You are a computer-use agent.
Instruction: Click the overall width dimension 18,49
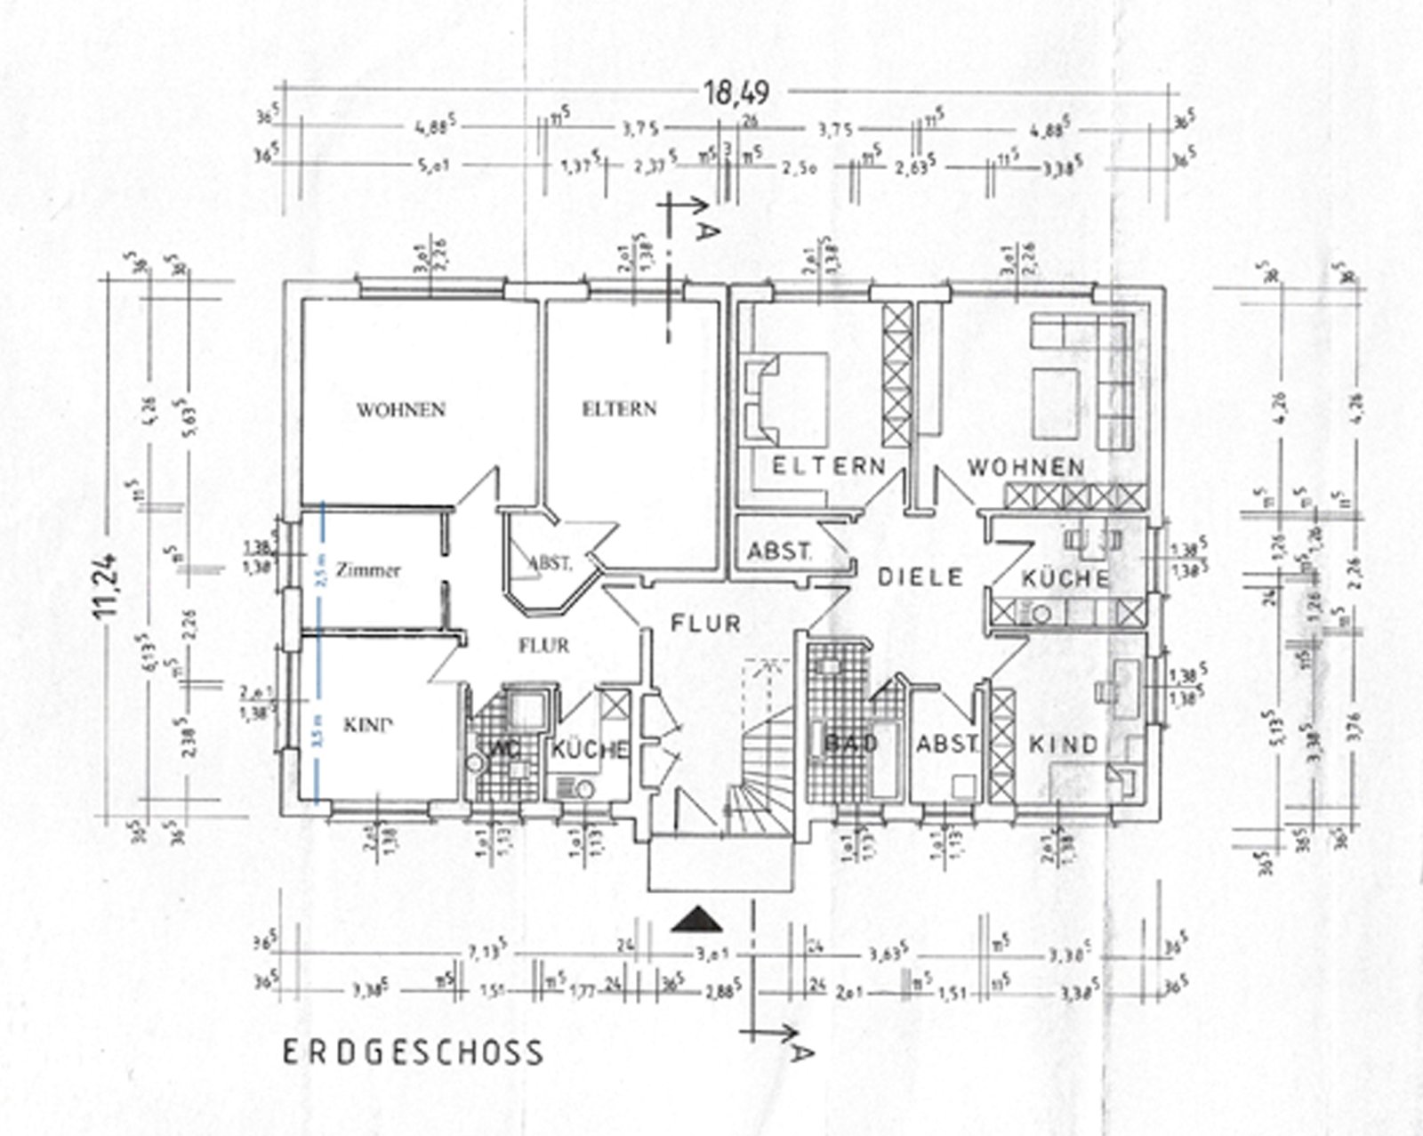(x=736, y=92)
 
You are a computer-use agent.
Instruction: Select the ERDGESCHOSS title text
(x=413, y=1052)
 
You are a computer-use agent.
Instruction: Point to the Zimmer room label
(x=368, y=570)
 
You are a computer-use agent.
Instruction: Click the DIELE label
(x=921, y=576)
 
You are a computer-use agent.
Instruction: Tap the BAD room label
(x=851, y=742)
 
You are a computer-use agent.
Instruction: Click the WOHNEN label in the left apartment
(x=400, y=410)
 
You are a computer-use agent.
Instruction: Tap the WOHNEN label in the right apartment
(x=1025, y=467)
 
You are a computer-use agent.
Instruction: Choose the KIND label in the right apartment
(x=1063, y=744)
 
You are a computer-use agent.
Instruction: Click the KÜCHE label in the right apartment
(x=1065, y=579)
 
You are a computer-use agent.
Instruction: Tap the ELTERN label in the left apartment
(x=619, y=409)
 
